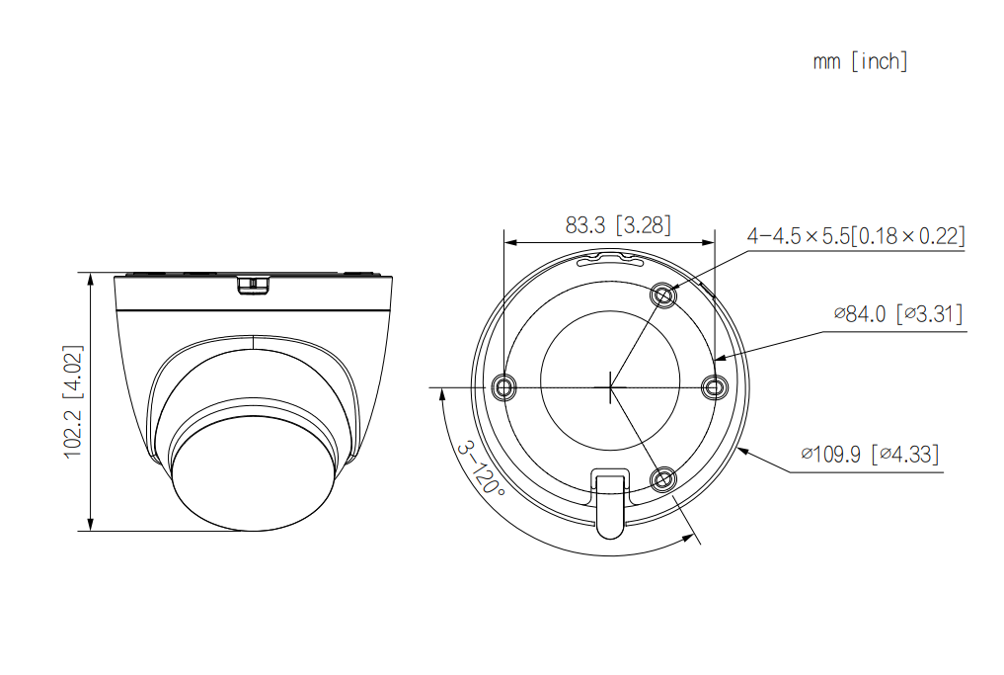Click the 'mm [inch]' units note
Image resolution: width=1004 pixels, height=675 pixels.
[859, 61]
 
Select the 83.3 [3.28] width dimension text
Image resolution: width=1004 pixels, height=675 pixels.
[617, 225]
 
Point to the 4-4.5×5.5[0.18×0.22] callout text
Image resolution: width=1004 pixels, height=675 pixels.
[855, 236]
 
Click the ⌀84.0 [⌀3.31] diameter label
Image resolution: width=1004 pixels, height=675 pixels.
[897, 314]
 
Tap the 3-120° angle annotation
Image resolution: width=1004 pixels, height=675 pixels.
[478, 468]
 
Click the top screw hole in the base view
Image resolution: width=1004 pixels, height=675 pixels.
[663, 295]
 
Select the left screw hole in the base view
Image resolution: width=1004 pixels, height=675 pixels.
[505, 386]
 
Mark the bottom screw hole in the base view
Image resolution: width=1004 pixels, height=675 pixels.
[663, 480]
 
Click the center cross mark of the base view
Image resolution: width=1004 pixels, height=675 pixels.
[610, 386]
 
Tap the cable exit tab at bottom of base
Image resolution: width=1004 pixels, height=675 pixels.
[609, 502]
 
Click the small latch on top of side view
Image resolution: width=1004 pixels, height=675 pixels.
[254, 285]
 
